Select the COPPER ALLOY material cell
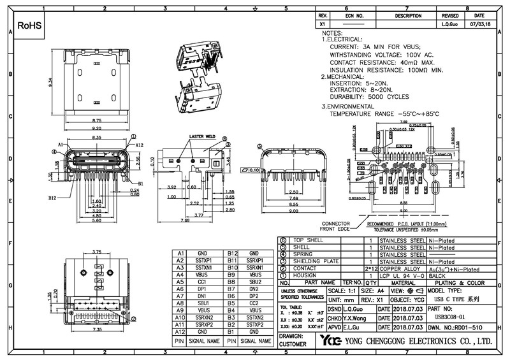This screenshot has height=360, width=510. (402, 268)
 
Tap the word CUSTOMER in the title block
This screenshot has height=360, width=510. (293, 344)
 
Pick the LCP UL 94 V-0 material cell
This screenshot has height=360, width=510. (402, 275)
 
